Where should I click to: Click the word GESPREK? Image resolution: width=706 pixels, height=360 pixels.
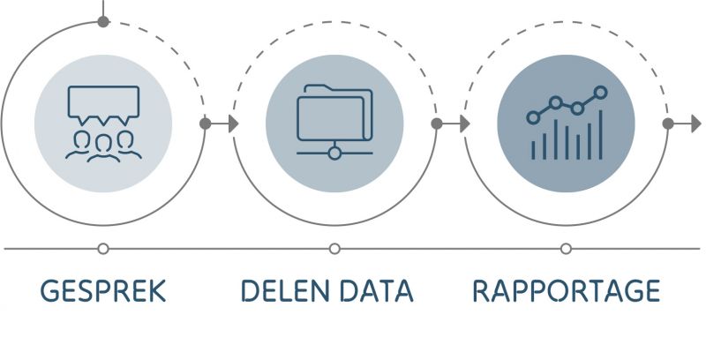(x=103, y=291)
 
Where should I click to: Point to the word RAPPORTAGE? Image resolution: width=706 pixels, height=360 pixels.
(x=566, y=291)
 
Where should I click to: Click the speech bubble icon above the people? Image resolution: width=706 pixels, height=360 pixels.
(x=103, y=103)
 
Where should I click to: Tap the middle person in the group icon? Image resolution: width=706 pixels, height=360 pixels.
(x=103, y=145)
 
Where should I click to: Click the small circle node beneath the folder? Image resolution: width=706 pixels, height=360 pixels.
(x=334, y=154)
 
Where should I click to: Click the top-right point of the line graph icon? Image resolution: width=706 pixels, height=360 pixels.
(x=601, y=92)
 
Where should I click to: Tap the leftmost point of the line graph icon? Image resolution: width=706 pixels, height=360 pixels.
(x=532, y=116)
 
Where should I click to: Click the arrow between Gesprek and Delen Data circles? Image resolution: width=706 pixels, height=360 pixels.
(x=221, y=124)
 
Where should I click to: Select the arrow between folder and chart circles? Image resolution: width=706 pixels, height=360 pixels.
(x=453, y=124)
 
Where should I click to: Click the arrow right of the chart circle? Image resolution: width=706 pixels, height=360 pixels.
(x=684, y=124)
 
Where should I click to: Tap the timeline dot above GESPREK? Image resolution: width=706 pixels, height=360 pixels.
(x=103, y=249)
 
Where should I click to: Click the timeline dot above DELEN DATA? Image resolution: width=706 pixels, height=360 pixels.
(x=334, y=249)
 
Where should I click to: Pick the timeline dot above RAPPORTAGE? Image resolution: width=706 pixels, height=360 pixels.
(x=566, y=249)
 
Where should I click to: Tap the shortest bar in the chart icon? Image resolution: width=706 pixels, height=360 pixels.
(x=532, y=149)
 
